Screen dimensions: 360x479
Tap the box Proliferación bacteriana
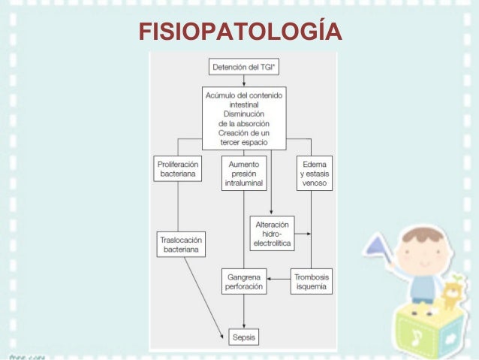click(178, 168)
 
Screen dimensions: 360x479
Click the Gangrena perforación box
click(243, 282)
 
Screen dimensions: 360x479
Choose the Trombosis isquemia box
click(312, 282)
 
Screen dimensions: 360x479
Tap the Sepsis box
click(243, 337)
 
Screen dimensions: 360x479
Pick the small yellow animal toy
click(451, 296)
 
